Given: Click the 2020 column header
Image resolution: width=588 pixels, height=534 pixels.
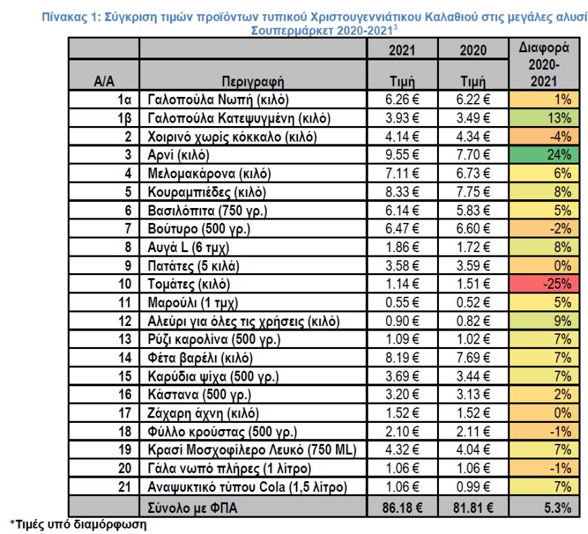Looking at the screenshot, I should tap(474, 50).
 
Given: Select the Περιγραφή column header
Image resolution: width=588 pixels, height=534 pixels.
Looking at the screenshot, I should tap(251, 82).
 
